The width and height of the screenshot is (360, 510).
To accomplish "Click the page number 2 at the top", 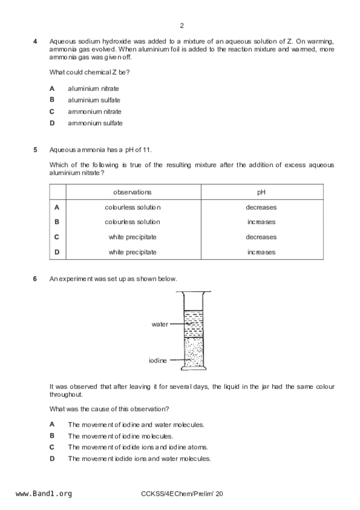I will [182, 26].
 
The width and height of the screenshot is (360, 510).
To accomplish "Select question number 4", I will [35, 41].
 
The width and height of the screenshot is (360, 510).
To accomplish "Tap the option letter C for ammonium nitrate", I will [52, 112].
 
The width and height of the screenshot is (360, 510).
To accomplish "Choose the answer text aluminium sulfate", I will [94, 100].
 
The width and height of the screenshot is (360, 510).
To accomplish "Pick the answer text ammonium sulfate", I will [95, 123].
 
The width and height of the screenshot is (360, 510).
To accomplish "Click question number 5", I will [35, 150].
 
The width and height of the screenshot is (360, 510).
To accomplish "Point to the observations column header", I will [132, 192].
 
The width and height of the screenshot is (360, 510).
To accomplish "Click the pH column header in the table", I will [261, 192].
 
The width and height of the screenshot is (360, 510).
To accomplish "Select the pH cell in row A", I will [261, 207].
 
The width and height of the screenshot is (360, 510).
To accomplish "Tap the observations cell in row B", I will [132, 222].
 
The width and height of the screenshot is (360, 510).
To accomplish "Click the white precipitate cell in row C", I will [132, 237].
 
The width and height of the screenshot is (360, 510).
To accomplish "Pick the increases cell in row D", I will [261, 252].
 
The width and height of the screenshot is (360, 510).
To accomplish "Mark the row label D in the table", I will [57, 252].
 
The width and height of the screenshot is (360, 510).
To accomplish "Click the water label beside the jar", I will [160, 324].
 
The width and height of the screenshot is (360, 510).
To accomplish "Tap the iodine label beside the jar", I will [158, 361].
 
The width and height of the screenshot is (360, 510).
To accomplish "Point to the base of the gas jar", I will [194, 368].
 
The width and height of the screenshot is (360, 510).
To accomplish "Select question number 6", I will [35, 279].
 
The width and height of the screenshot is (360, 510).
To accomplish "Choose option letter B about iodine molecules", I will [52, 436].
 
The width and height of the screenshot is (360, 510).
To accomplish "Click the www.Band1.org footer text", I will [44, 493].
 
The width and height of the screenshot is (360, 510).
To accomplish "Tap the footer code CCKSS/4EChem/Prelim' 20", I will [182, 494].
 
